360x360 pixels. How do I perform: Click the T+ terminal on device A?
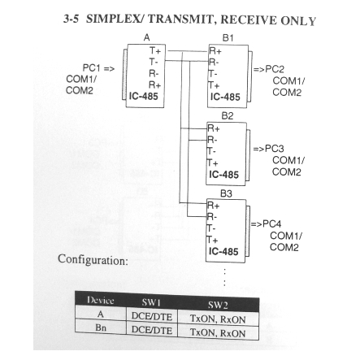(155, 50)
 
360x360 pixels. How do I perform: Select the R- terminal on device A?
(154, 73)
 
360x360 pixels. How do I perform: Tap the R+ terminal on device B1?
(215, 51)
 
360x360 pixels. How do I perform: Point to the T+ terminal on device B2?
(213, 163)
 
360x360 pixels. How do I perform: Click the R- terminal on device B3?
(212, 217)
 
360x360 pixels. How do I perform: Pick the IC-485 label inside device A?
(143, 96)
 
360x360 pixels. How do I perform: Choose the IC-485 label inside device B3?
(223, 251)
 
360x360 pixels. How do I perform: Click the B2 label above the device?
(228, 116)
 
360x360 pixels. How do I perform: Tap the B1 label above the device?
(228, 38)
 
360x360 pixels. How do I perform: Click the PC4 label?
(271, 223)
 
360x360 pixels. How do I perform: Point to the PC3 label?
(274, 149)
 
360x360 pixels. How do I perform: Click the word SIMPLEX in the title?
(115, 19)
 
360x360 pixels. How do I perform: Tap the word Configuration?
(93, 260)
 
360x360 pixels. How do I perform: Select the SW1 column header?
(151, 302)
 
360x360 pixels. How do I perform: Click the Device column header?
(101, 300)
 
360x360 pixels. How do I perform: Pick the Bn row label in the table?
(101, 327)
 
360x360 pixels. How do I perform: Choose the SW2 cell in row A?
(218, 319)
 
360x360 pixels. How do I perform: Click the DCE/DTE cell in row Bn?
(152, 330)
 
